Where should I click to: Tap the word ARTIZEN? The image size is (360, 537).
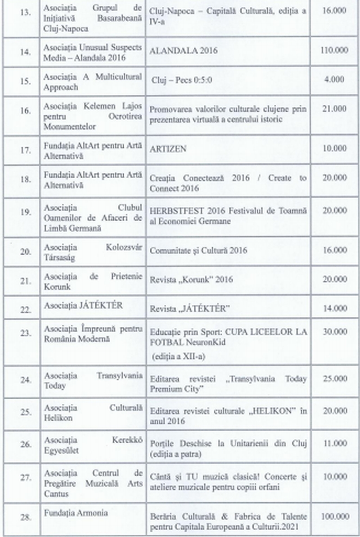pyautogui.click(x=167, y=149)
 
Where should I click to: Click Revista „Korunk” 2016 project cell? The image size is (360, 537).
pyautogui.click(x=192, y=280)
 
